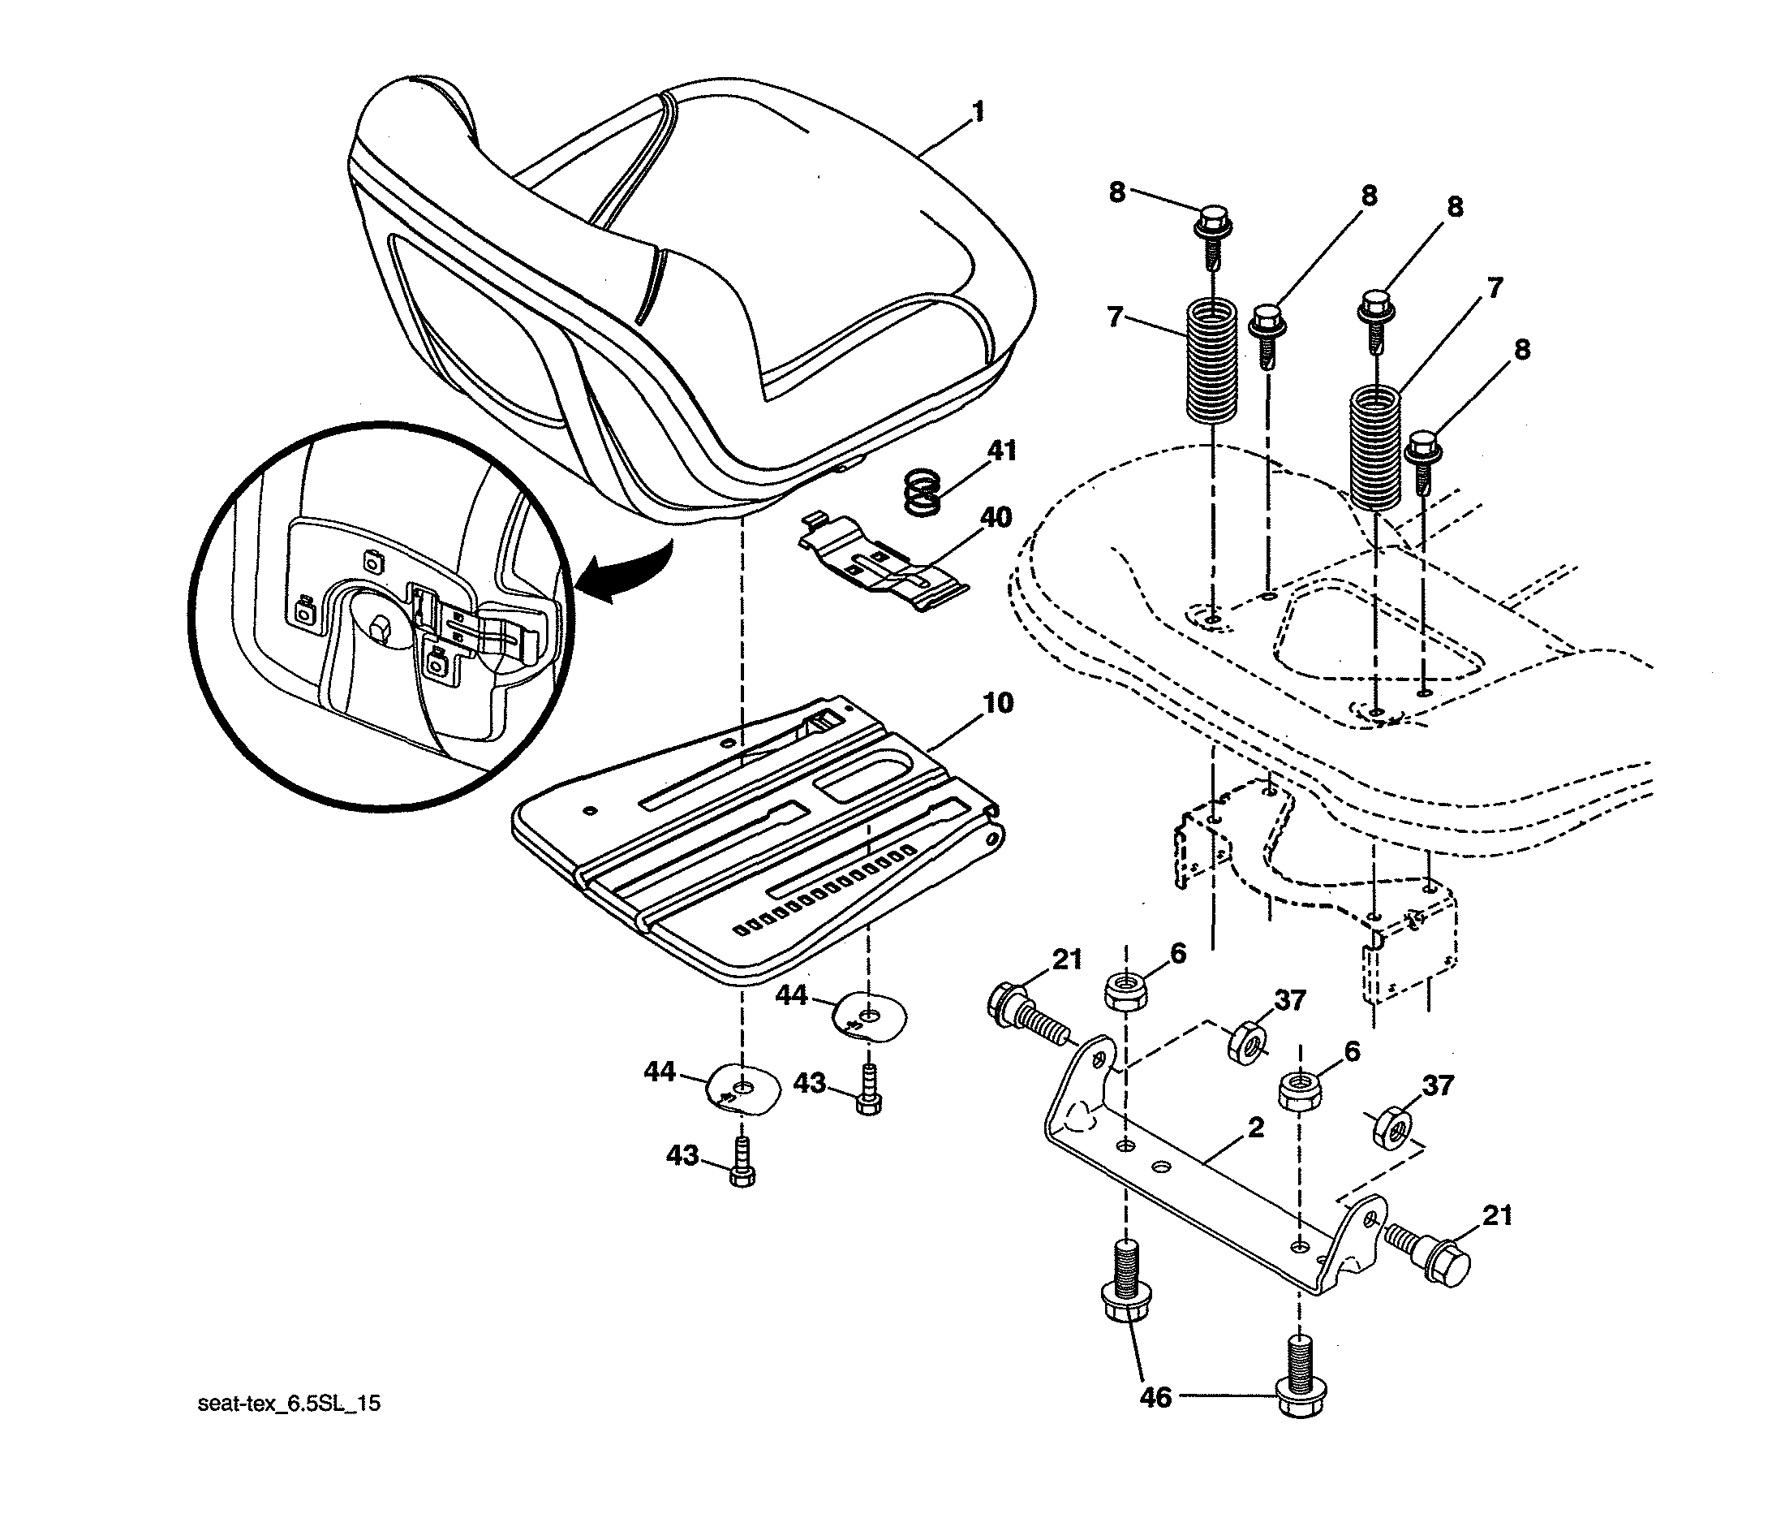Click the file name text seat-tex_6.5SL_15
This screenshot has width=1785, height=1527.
tap(289, 1404)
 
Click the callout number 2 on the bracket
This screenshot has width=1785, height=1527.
tap(1255, 1127)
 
